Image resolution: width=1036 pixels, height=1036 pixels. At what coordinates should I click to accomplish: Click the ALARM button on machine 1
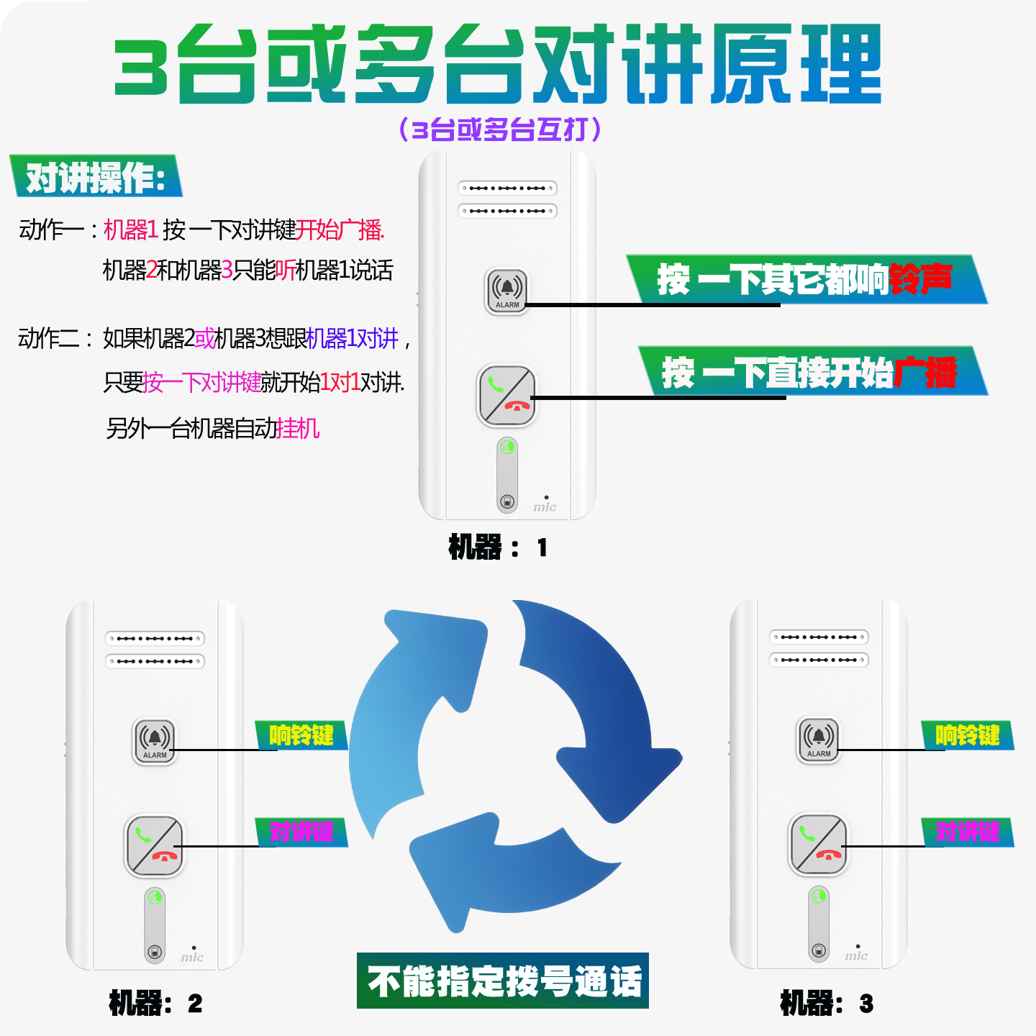coord(507,291)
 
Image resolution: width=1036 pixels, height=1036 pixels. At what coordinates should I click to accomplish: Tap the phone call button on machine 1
coord(507,395)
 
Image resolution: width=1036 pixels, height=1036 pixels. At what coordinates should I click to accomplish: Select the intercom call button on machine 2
coord(155,846)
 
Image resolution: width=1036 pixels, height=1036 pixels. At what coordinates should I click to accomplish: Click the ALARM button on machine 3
coord(819,740)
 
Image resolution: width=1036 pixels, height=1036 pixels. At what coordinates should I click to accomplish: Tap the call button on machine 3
coord(819,845)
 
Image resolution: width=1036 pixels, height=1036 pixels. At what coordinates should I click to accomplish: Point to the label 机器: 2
coord(155,1003)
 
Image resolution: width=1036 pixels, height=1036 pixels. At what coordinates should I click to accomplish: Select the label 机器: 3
coord(827,1003)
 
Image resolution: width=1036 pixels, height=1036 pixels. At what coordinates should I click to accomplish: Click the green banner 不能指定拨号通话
coord(503,981)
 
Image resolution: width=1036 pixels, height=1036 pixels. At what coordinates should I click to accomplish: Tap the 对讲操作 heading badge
coord(96,176)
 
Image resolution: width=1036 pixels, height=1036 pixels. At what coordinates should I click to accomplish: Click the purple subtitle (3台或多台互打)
coord(500,129)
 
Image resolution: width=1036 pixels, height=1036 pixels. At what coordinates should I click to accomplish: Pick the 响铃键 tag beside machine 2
coord(301,735)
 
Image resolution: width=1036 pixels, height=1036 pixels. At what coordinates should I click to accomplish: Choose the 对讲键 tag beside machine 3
coord(968,832)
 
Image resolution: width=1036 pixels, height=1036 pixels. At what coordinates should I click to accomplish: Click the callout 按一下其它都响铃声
coord(806,279)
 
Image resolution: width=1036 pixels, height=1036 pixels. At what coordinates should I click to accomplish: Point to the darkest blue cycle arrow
coord(604,712)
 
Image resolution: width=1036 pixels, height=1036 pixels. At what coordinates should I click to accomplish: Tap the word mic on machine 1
coord(545,507)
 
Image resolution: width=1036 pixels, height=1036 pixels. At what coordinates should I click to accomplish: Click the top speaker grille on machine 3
coord(819,637)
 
